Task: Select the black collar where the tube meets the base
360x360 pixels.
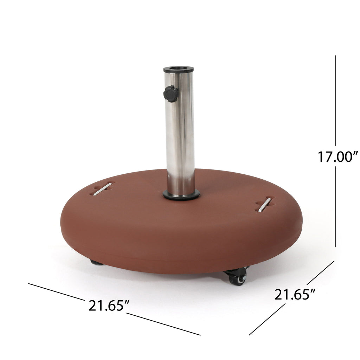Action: pos(181,195)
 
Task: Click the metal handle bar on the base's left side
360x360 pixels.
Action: pos(102,189)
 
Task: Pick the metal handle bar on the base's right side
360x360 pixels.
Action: pos(265,205)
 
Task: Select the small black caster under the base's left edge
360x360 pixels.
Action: pos(96,263)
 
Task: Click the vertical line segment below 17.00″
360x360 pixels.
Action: pos(335,207)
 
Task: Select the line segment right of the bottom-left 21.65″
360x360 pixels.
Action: pos(163,324)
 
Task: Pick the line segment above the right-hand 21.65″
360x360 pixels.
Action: pos(320,272)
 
